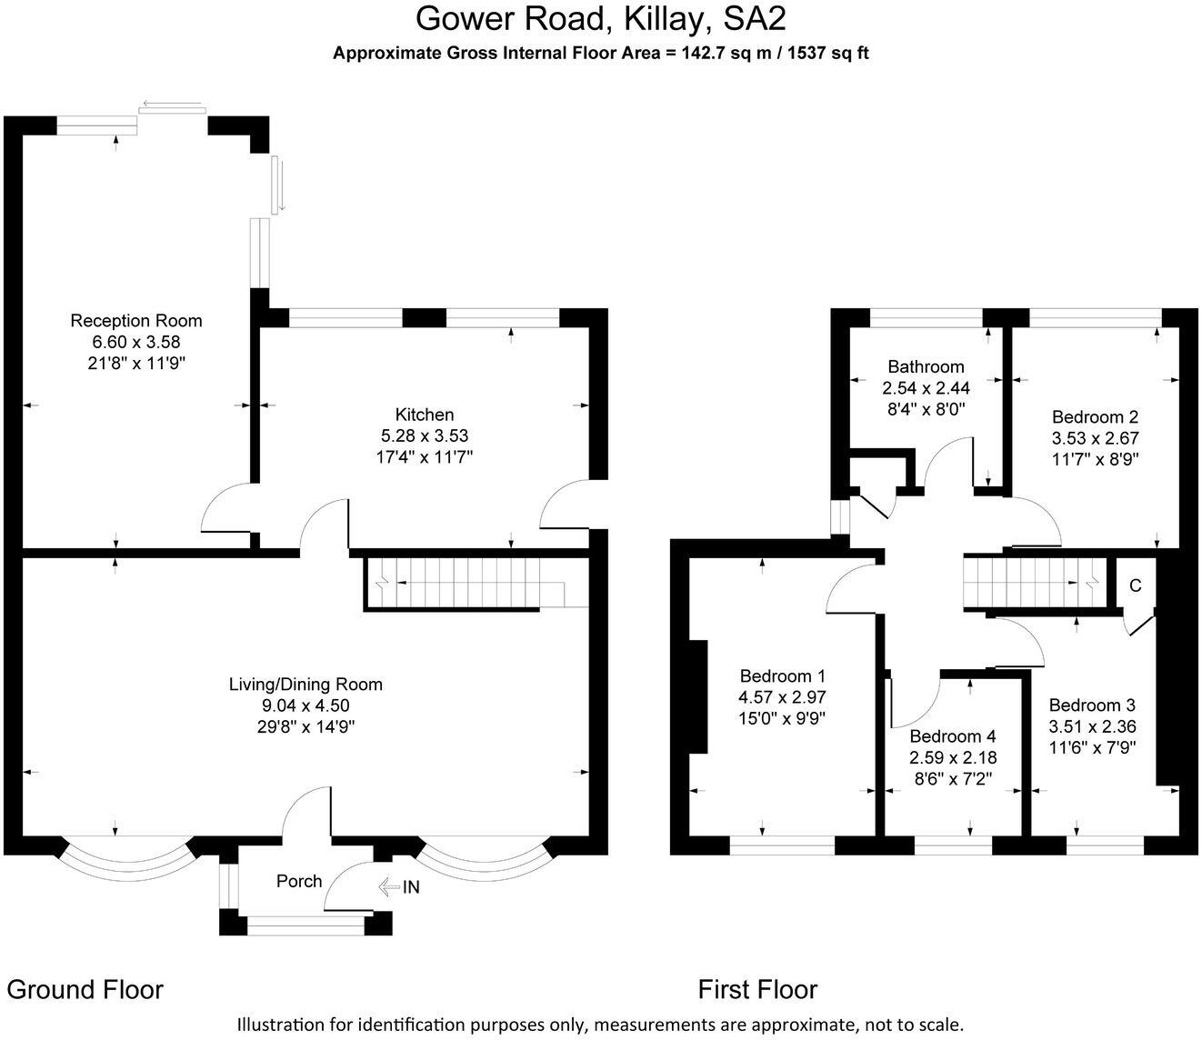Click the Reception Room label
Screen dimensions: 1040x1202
click(136, 320)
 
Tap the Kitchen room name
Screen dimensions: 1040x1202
click(425, 415)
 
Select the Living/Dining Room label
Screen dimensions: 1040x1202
click(306, 684)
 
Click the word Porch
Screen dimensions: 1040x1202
click(299, 881)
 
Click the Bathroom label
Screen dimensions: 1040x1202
click(926, 366)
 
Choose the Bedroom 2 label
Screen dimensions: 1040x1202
click(1095, 417)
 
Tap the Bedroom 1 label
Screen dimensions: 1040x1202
click(782, 675)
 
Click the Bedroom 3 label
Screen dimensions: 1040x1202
click(1092, 705)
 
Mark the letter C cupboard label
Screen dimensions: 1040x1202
click(1135, 585)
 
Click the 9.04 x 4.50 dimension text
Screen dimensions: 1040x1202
click(306, 705)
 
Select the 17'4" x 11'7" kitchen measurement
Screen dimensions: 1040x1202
click(425, 457)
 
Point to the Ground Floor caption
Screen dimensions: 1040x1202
click(85, 989)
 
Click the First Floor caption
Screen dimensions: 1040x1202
click(757, 989)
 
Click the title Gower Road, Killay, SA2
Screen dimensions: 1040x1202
click(600, 18)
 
